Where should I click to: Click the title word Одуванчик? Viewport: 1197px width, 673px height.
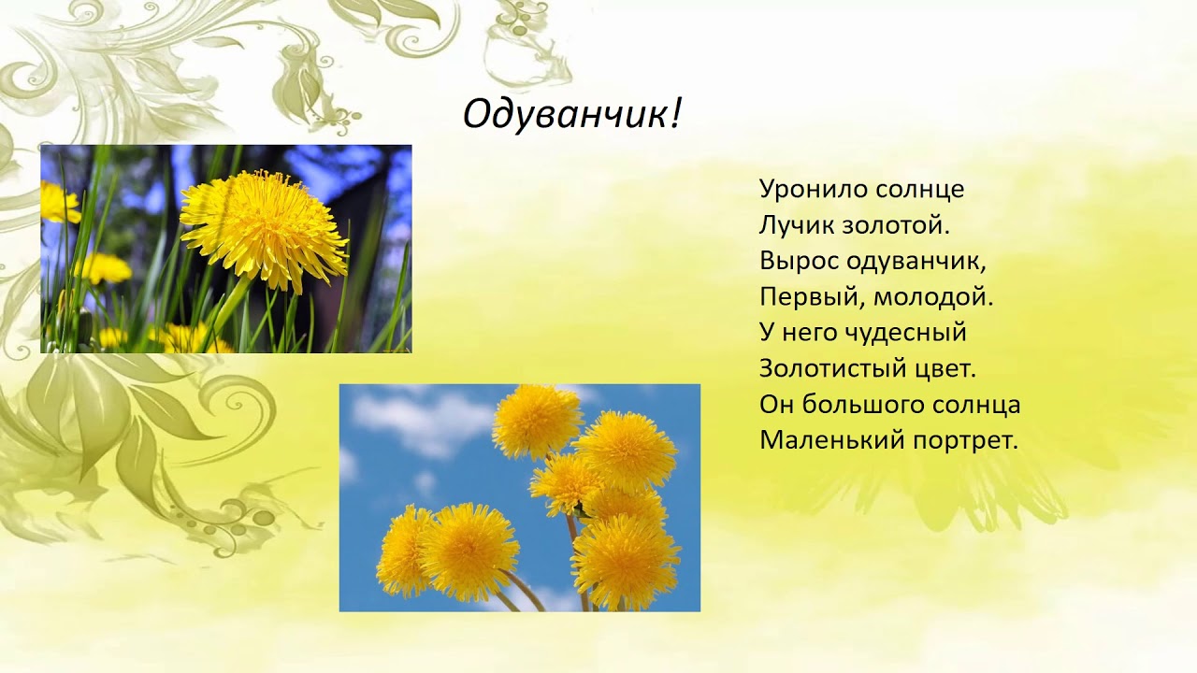coord(572,114)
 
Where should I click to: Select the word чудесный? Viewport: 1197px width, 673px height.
coord(907,332)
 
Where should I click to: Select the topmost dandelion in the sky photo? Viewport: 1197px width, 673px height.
coord(537,422)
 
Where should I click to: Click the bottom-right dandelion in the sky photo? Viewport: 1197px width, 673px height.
coord(627,561)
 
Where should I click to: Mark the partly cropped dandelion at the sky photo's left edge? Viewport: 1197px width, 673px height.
coord(404,551)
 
